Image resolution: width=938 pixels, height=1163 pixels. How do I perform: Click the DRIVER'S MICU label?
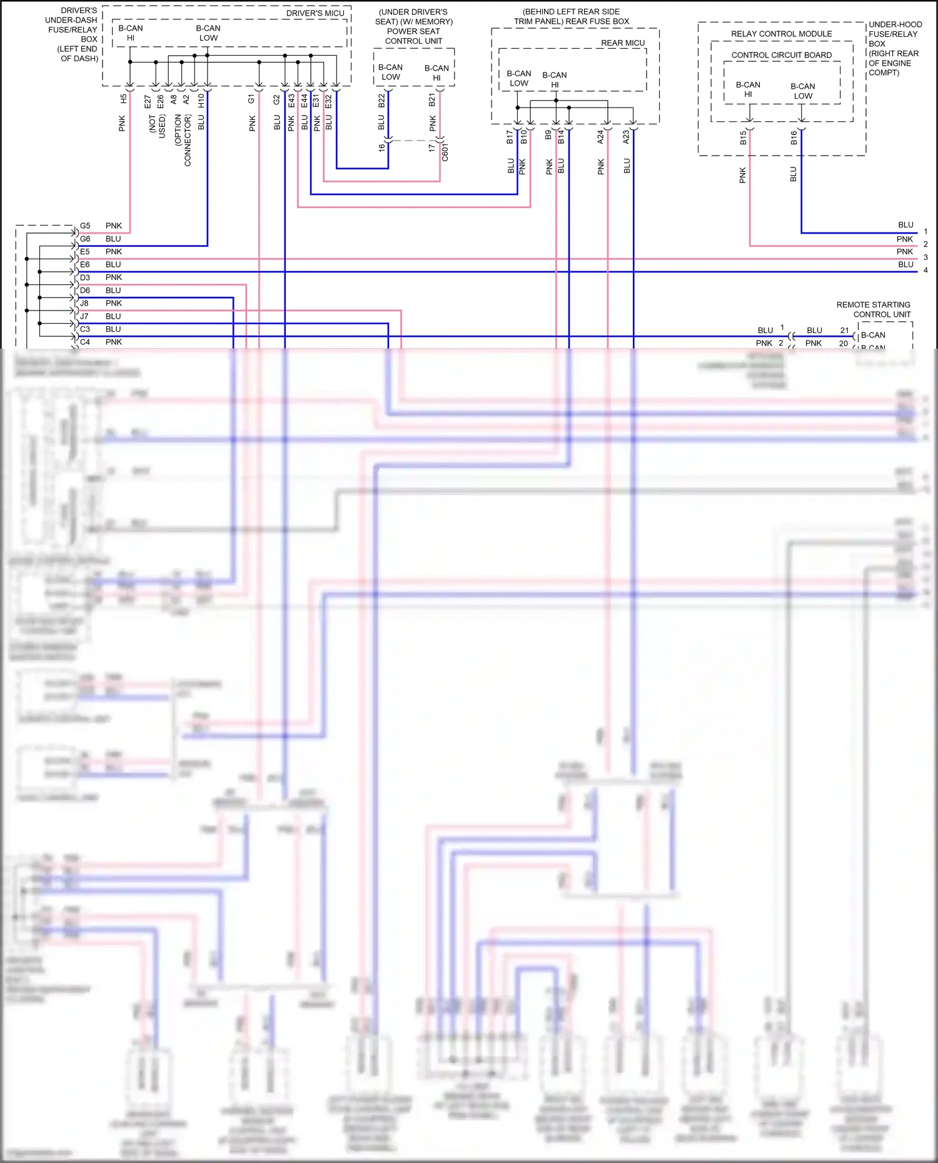pos(315,13)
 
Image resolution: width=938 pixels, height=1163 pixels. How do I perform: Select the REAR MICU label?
pos(622,43)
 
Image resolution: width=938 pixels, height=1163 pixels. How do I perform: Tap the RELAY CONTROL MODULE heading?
pos(781,34)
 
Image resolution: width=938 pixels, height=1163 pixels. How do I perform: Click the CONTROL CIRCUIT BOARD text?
pos(781,55)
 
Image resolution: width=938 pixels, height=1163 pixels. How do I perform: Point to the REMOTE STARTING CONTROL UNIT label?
pos(874,309)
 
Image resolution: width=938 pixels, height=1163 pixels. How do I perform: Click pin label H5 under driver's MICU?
pos(123,99)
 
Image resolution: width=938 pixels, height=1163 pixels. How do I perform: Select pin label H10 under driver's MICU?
pos(201,101)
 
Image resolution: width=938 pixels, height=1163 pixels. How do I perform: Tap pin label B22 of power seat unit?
pos(381,101)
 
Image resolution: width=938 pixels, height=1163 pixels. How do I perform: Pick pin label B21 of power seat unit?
pos(432,100)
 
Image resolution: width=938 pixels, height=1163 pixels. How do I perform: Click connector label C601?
pos(445,152)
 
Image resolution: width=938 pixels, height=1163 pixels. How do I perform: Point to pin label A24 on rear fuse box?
pos(600,137)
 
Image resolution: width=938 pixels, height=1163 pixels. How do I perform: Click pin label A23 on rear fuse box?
pos(626,137)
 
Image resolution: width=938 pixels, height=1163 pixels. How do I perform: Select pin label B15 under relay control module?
pos(743,137)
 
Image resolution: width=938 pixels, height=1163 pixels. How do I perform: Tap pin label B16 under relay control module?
pos(794,137)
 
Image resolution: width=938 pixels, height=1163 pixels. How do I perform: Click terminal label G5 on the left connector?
pos(85,226)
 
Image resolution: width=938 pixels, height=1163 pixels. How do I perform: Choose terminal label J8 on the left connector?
pos(84,303)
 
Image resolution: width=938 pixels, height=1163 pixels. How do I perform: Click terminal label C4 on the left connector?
pos(85,342)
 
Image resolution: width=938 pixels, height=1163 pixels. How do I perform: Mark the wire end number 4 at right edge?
pos(925,271)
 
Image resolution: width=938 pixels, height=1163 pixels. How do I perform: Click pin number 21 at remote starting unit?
pos(844,330)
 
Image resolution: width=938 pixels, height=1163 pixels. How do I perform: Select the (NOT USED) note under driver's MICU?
pos(157,126)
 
